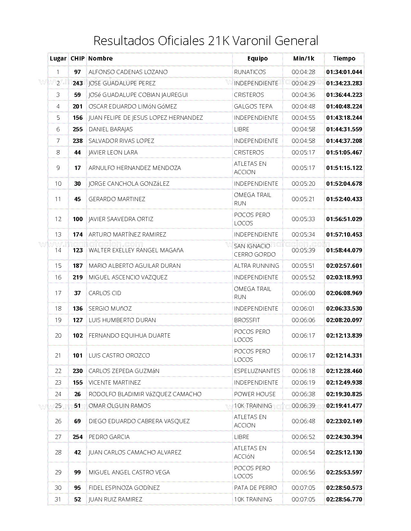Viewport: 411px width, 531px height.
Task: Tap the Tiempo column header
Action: (x=344, y=59)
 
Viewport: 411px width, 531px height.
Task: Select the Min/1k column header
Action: (x=303, y=59)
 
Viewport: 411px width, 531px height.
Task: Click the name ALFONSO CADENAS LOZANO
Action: (x=128, y=72)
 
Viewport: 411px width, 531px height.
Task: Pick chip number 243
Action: (x=78, y=83)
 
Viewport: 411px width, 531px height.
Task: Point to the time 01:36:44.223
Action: (x=344, y=95)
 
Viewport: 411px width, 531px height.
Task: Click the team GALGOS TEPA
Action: (x=253, y=107)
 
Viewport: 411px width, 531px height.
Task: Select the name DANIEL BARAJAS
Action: (x=111, y=129)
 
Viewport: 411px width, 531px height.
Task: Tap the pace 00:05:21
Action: (x=303, y=199)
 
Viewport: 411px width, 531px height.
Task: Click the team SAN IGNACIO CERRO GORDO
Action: (x=255, y=250)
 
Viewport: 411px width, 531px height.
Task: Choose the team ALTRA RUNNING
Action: (x=256, y=266)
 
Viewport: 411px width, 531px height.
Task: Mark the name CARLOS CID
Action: (x=105, y=293)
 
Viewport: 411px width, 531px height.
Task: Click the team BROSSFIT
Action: (x=247, y=320)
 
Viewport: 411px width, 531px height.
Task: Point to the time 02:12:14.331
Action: (x=344, y=356)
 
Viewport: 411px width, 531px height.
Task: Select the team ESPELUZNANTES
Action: (x=257, y=371)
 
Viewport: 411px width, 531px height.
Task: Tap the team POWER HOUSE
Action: (x=255, y=394)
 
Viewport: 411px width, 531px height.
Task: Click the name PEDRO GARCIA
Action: (x=109, y=437)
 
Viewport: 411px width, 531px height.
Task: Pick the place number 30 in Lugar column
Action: (x=58, y=488)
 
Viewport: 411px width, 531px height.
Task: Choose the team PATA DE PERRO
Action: (x=255, y=488)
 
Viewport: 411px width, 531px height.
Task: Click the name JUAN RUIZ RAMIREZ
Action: (x=115, y=499)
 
